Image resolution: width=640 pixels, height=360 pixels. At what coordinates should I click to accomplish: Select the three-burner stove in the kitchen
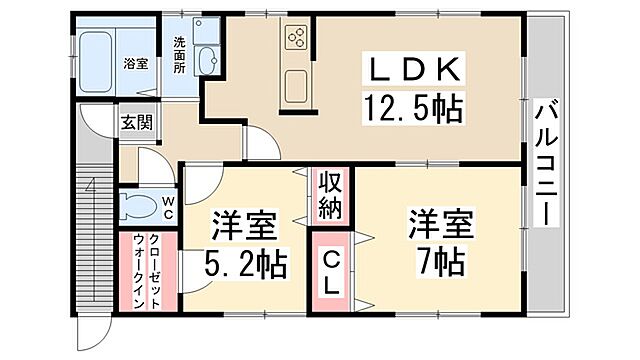[297, 38]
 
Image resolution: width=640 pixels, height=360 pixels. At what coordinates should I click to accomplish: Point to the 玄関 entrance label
[136, 123]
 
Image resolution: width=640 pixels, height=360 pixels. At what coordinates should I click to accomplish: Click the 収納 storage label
[331, 196]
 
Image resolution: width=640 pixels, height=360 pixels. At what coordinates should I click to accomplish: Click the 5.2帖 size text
[247, 264]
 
